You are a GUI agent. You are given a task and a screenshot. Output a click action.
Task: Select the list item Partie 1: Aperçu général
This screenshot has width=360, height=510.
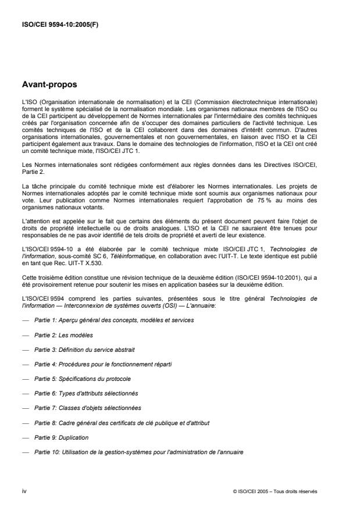(114, 320)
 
